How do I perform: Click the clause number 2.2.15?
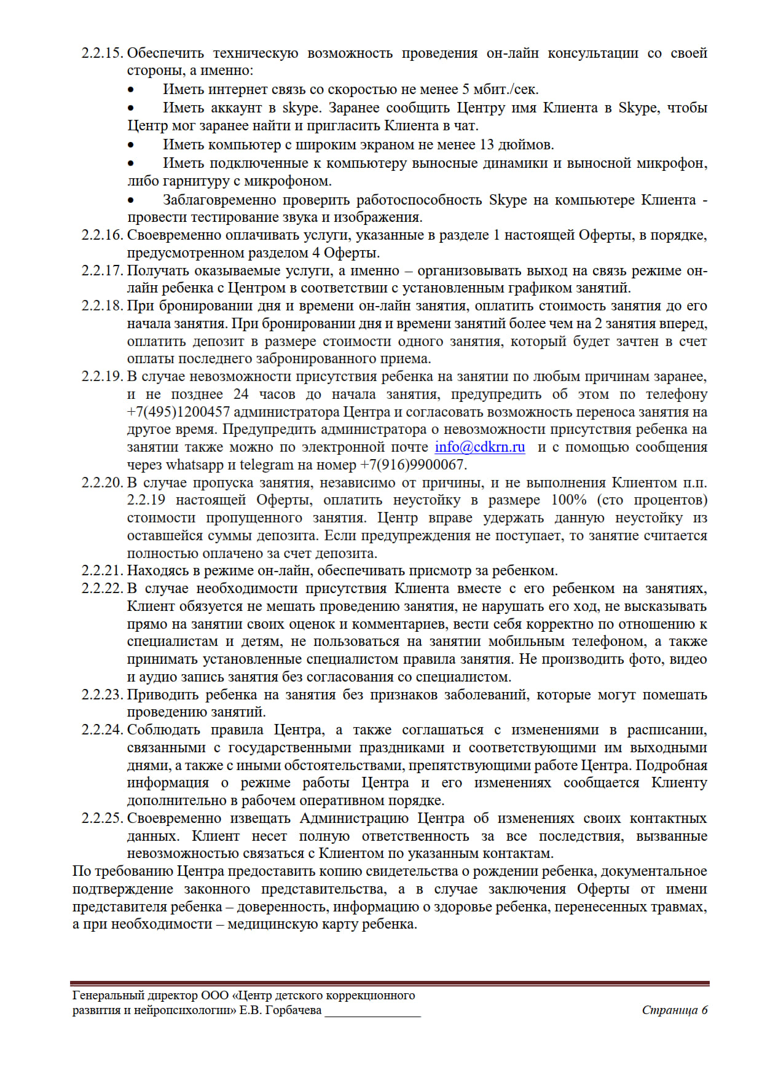pos(102,53)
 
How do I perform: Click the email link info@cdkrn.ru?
pos(480,447)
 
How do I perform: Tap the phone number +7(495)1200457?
pos(178,412)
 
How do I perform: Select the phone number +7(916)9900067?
pos(412,465)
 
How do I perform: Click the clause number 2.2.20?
pos(102,483)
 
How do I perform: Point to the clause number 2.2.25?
pos(102,819)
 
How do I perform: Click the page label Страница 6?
pos(675,1010)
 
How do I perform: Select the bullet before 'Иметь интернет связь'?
pos(131,90)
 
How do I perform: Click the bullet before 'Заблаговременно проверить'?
pos(131,200)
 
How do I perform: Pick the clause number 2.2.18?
pos(102,306)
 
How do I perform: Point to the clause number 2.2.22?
pos(102,589)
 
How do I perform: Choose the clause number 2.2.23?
pos(102,695)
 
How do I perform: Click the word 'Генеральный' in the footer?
pos(108,996)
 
